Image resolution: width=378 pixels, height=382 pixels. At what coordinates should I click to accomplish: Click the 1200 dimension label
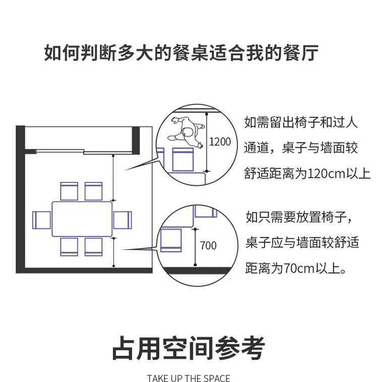coord(220,142)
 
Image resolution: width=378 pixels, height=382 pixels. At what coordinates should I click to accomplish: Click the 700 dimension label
coord(208,246)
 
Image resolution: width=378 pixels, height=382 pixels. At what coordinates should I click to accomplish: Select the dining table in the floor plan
coord(82,219)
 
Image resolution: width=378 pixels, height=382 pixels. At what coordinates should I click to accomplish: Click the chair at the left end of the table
coord(42,220)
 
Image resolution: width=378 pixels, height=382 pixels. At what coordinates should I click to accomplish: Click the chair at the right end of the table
coord(122,220)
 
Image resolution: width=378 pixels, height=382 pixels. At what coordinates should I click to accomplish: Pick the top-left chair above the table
coord(69,192)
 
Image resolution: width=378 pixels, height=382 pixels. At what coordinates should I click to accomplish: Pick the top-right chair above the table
coord(94,192)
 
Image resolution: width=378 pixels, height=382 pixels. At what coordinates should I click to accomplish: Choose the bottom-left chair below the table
coord(69,246)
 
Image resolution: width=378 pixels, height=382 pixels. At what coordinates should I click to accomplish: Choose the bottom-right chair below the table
coord(94,246)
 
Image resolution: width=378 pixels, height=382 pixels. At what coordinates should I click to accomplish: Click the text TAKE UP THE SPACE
coord(188,378)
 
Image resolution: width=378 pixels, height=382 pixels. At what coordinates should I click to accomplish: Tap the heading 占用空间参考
coord(188,348)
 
